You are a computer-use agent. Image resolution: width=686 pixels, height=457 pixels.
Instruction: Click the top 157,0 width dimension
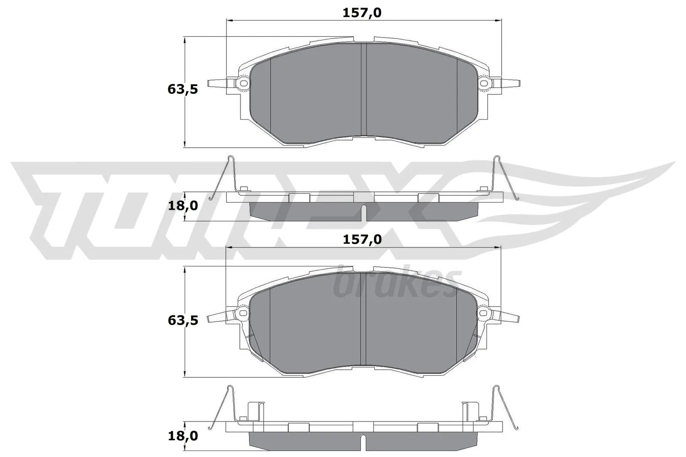[362, 13]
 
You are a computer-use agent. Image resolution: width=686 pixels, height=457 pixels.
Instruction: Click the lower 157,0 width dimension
[362, 239]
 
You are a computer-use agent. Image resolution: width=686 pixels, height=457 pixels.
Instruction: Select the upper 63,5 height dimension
[182, 90]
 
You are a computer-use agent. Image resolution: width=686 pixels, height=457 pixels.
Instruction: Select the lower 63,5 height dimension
[182, 320]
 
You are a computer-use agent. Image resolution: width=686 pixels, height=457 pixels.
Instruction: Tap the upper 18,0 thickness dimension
[182, 206]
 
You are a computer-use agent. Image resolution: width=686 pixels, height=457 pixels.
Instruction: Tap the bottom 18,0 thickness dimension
[182, 436]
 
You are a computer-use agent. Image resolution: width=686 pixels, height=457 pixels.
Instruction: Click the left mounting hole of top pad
[244, 83]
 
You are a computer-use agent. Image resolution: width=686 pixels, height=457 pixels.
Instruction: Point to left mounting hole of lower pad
[244, 313]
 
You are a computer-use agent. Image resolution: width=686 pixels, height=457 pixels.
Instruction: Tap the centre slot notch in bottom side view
[364, 442]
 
